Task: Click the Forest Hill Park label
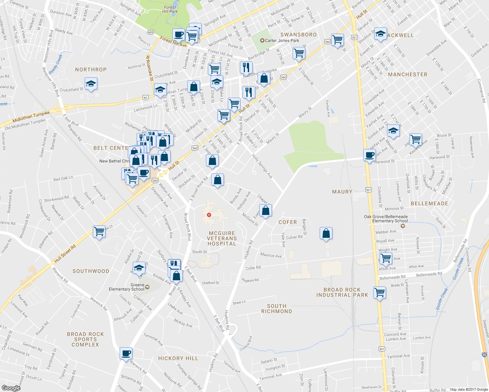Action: [x=170, y=9]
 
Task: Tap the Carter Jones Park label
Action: [x=282, y=41]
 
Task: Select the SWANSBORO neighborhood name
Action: [x=298, y=35]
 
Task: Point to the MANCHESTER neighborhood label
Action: [x=408, y=74]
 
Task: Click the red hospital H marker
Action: [x=209, y=215]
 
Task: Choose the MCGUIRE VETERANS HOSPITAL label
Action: [x=222, y=238]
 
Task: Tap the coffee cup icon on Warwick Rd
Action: [x=126, y=353]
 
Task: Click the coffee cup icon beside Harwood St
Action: [x=369, y=155]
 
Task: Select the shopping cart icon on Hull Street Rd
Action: [x=99, y=232]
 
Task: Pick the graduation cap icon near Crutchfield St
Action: [x=91, y=84]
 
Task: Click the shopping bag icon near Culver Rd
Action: [x=326, y=234]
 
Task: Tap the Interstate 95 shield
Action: [x=484, y=354]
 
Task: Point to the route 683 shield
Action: [x=150, y=32]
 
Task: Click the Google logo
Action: [x=11, y=388]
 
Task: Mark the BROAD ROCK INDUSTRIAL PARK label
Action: [x=342, y=292]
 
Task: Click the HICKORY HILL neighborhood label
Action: [x=178, y=358]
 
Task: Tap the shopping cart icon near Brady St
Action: [x=379, y=292]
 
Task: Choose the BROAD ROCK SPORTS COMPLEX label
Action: [x=85, y=339]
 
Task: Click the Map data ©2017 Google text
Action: [x=469, y=389]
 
